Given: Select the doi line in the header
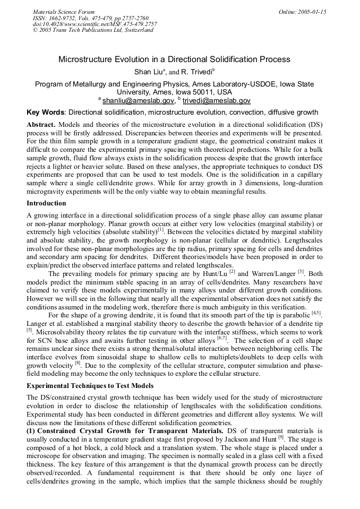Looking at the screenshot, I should pos(95,24).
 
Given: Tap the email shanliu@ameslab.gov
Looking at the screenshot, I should pos(138,100).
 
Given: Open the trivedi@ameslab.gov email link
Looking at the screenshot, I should pos(218,100).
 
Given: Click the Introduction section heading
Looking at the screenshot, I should pos(46,203).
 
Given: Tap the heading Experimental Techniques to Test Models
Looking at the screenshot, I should pos(90,386).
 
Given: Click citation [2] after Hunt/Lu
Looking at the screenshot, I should pos(232,272).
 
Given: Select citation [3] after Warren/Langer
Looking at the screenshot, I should pos(301,272).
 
